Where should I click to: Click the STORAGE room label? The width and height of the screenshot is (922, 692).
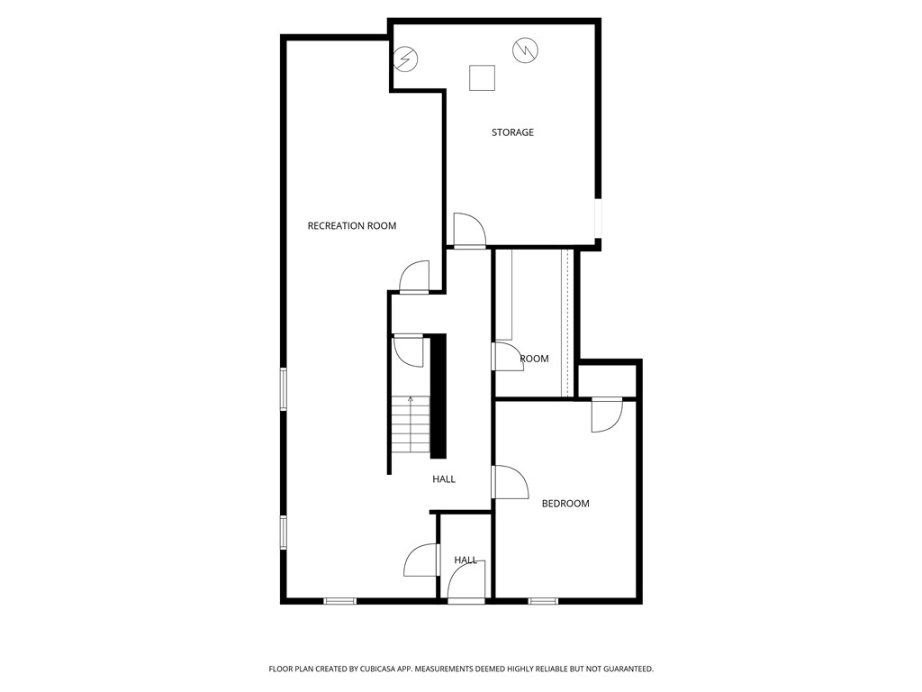point(512,132)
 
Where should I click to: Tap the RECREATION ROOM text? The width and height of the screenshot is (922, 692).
point(351,226)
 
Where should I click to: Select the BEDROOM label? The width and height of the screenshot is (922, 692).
point(565,504)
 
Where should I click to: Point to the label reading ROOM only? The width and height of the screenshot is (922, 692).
point(534,359)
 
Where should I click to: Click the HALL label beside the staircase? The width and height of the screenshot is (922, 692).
point(443,479)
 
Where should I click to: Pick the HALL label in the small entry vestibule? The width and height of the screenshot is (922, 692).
point(466,560)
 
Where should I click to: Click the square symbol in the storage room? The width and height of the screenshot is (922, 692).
point(483,78)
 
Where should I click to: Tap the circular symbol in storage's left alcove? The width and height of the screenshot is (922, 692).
point(407,59)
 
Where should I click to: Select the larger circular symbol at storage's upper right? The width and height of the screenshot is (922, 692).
point(524,50)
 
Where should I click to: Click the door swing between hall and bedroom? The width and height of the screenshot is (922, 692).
point(510,482)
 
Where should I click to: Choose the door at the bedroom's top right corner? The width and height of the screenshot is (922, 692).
point(606,414)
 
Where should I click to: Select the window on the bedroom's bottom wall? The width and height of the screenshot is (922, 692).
point(542,601)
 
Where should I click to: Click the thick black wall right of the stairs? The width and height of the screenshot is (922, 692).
point(438,396)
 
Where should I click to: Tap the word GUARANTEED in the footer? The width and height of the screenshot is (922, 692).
point(623,669)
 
